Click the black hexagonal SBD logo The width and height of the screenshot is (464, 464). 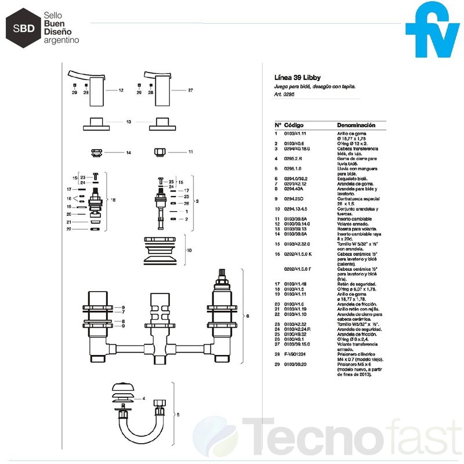point(21,26)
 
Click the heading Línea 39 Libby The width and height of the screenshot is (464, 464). point(298,77)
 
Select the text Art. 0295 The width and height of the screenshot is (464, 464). point(285,95)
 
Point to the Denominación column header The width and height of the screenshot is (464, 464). point(356,125)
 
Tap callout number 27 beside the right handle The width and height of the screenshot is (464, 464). point(190,90)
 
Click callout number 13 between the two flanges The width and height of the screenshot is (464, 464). point(129,122)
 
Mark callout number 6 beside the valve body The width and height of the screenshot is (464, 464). point(248,316)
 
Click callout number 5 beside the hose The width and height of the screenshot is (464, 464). point(178,415)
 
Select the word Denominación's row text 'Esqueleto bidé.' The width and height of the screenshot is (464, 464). point(353,179)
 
